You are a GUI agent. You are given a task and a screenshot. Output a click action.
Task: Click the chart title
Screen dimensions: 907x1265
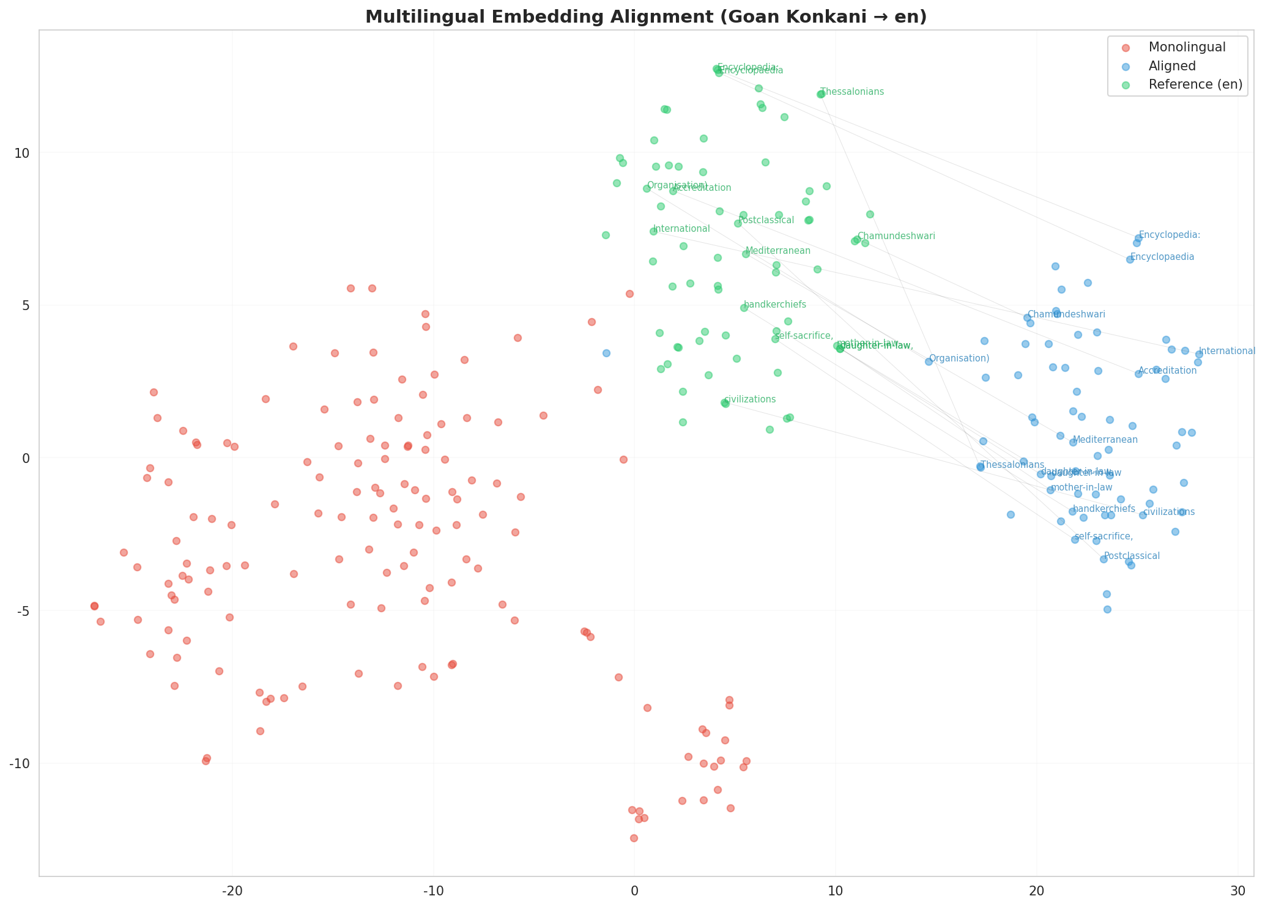tap(646, 17)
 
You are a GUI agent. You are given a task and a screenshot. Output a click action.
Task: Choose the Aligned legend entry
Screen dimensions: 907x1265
tap(1172, 66)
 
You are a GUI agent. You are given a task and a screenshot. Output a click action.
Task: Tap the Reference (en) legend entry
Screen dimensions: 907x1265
tap(1195, 84)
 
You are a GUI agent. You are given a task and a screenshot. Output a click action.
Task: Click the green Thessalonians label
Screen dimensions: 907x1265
tap(852, 92)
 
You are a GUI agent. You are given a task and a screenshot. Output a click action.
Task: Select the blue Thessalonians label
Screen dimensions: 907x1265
tap(1012, 465)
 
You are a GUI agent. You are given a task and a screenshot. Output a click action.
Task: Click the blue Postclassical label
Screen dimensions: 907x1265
tap(1132, 556)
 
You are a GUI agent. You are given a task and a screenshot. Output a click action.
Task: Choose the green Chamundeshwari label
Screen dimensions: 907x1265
tap(896, 236)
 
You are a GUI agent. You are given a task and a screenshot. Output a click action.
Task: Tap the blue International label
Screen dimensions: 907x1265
tap(1226, 351)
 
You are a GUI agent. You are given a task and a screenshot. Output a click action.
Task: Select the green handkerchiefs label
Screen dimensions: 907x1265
tap(775, 305)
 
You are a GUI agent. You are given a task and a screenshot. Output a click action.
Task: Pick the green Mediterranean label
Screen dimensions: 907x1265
tap(778, 251)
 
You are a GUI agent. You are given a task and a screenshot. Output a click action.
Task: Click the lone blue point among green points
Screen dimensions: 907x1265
tap(606, 353)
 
